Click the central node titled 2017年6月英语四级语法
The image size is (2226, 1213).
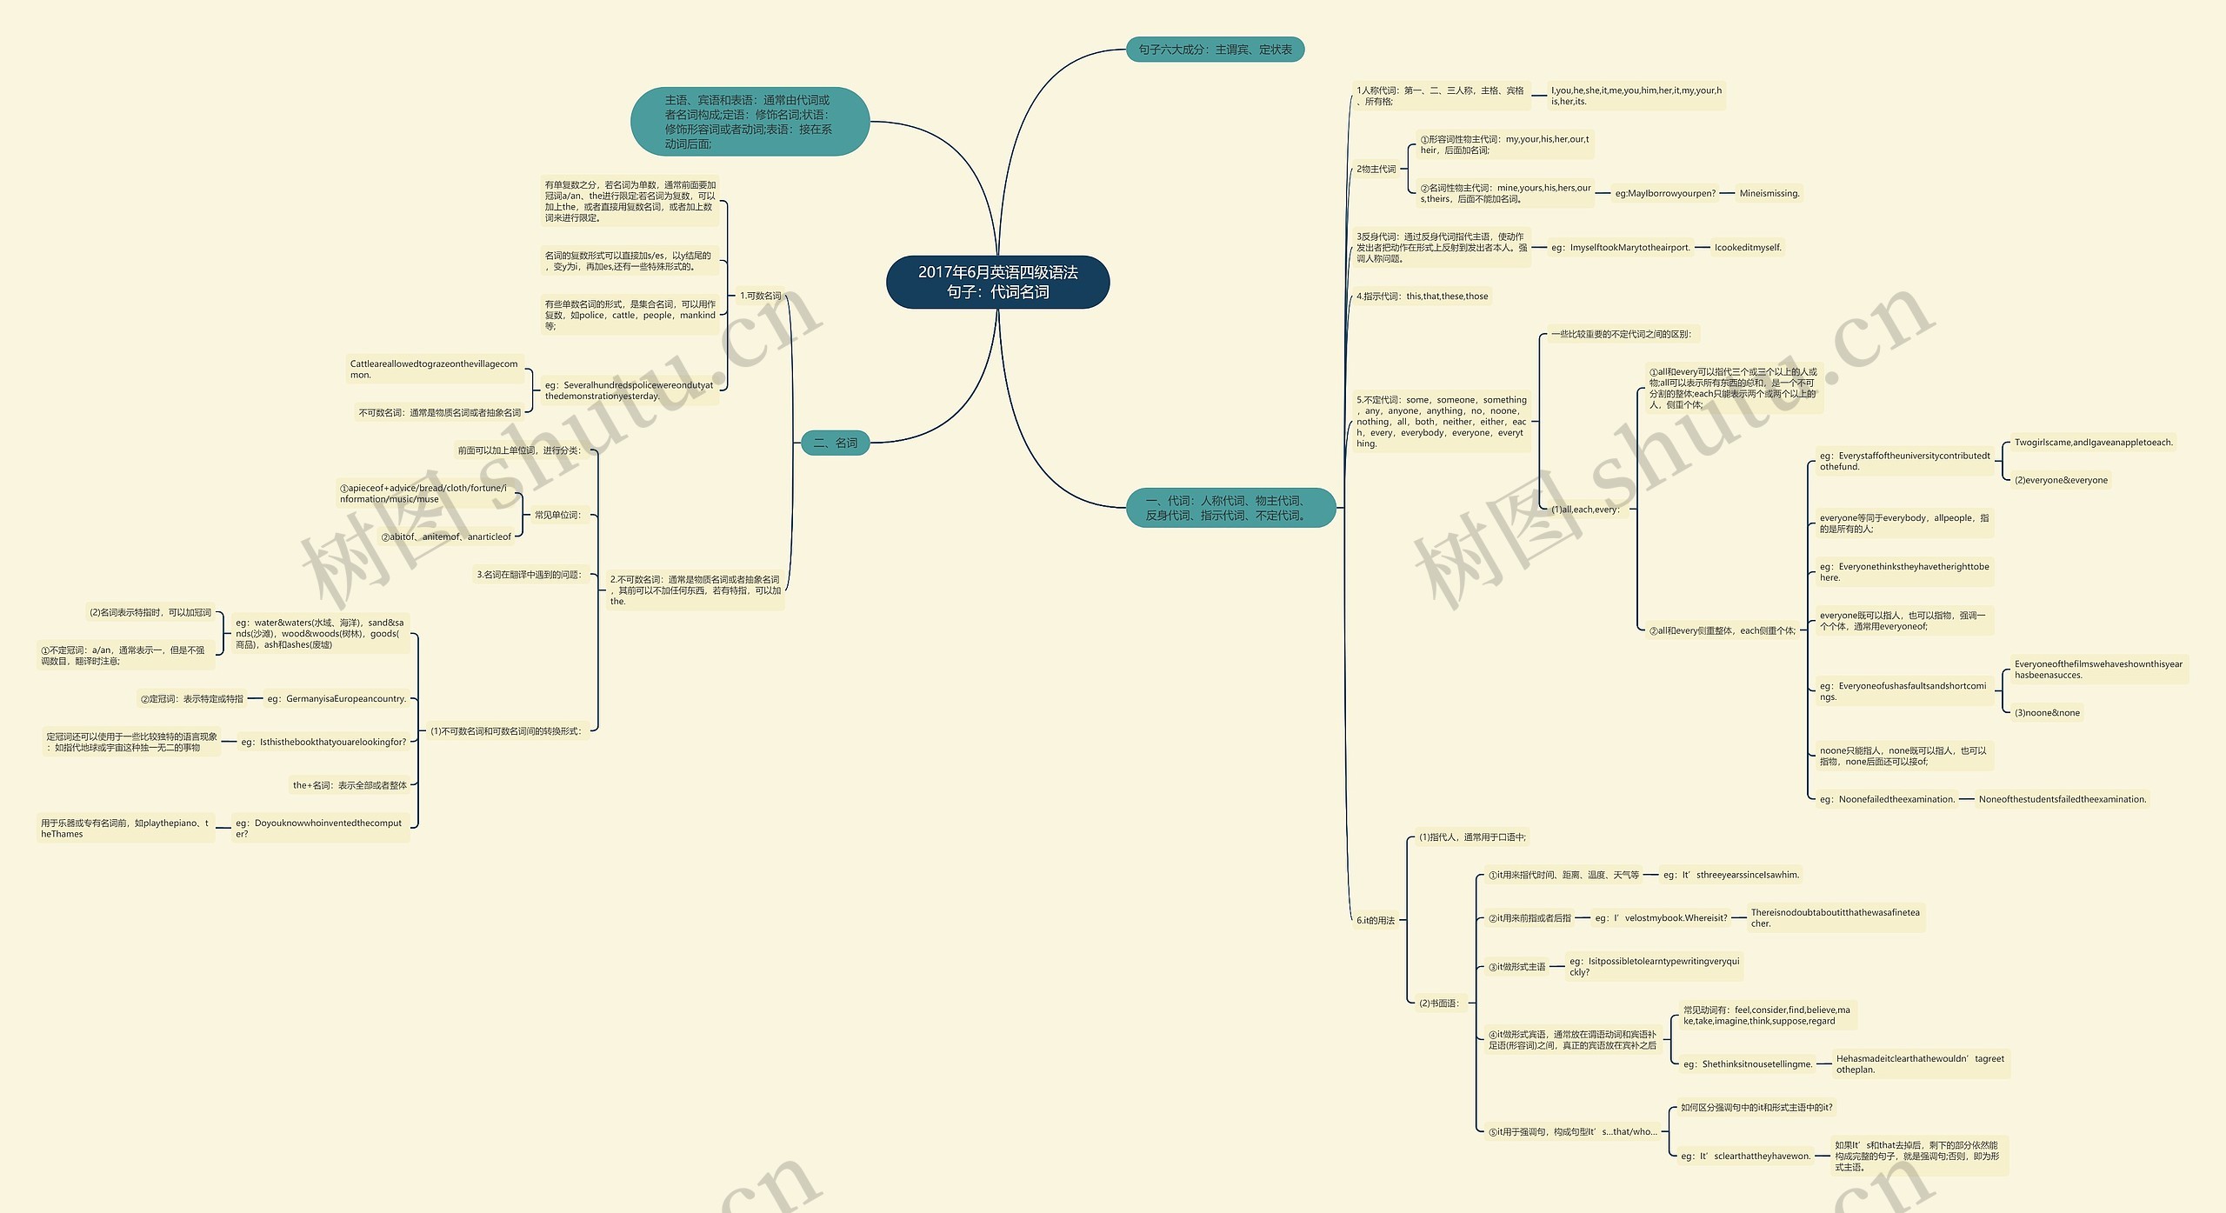997,282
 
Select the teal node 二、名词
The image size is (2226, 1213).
835,443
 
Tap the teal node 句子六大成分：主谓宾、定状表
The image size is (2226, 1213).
1215,50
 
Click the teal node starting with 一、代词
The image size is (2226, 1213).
1230,508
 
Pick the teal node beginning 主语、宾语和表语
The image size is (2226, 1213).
749,122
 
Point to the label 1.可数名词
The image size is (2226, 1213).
760,296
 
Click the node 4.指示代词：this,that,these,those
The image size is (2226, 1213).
1422,297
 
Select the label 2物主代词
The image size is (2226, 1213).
1376,169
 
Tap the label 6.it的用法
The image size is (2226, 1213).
1375,920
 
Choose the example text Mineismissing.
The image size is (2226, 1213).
1769,193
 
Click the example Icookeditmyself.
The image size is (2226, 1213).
1748,248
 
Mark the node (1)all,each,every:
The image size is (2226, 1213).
1585,510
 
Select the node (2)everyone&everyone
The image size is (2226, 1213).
2061,480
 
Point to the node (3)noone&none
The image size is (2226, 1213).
2047,713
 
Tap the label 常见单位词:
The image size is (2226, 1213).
556,515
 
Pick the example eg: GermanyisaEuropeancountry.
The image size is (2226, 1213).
337,699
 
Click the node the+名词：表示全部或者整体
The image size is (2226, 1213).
350,785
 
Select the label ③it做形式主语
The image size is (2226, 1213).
1516,967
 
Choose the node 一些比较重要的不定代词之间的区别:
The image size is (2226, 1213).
1621,334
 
